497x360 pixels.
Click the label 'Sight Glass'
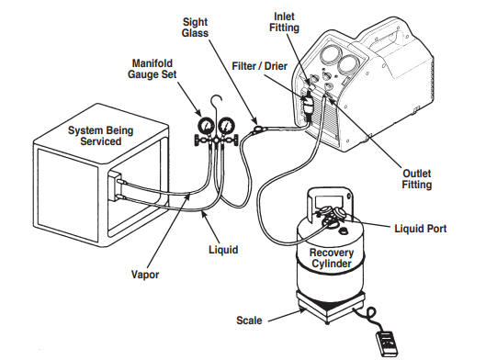coord(195,28)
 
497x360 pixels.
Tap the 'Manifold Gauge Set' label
coord(152,69)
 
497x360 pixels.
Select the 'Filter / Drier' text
coord(260,66)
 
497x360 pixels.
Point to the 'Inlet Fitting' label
coord(284,22)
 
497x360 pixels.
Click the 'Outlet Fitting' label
coord(417,179)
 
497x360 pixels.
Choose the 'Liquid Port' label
coord(421,229)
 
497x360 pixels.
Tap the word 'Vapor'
coord(145,274)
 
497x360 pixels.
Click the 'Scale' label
coord(249,321)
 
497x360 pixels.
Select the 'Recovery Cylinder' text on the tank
coord(332,258)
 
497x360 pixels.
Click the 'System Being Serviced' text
coord(101,136)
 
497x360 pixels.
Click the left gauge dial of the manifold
coord(207,127)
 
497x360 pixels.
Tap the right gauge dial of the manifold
coord(226,126)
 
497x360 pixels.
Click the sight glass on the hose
coord(259,129)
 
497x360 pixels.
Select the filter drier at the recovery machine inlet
coord(308,104)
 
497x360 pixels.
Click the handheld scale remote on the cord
coord(387,343)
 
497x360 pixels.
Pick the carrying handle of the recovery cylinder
coord(330,197)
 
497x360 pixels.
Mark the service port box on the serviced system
coord(115,187)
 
